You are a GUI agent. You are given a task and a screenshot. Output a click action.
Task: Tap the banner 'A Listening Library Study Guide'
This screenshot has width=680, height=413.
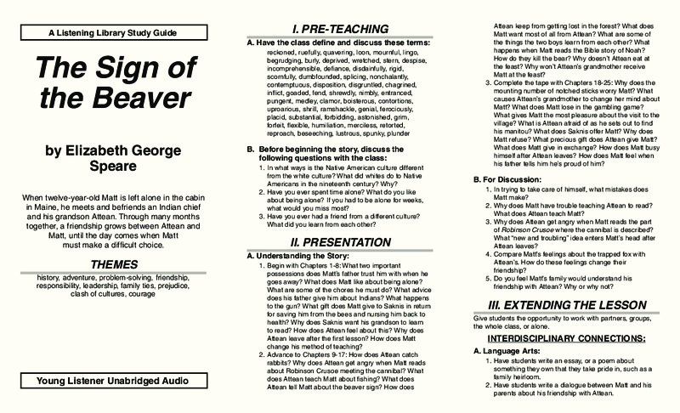(113, 31)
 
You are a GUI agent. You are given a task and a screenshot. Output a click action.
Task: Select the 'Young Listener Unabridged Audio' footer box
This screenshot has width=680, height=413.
(113, 382)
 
